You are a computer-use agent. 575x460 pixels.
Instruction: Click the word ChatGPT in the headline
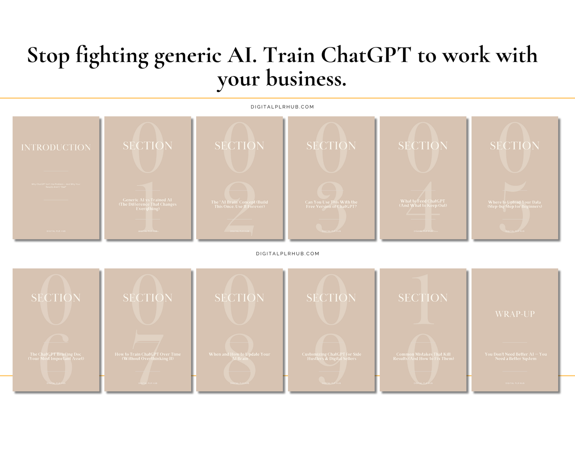366,55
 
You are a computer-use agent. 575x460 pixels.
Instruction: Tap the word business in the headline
305,78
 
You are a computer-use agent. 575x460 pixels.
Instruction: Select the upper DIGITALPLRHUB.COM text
282,107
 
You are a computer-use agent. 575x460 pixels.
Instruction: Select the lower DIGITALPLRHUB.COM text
287,253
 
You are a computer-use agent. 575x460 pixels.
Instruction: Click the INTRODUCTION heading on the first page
56,147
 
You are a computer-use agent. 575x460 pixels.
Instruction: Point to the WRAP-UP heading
515,314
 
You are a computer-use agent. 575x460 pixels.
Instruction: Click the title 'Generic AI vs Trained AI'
148,204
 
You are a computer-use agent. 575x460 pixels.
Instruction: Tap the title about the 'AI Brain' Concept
240,204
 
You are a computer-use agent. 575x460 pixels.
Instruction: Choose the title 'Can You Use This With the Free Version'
331,204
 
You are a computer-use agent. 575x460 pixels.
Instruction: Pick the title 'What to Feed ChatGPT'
423,203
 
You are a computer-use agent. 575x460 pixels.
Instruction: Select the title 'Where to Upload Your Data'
515,204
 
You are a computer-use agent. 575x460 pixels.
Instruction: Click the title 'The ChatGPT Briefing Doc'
56,356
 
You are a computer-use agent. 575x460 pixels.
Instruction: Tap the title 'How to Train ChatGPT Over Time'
148,356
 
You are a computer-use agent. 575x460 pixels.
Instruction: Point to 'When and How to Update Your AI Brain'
240,356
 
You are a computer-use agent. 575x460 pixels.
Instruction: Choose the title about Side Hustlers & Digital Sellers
331,356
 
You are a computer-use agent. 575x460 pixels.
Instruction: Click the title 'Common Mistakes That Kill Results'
423,356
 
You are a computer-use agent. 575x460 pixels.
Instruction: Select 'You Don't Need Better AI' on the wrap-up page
515,356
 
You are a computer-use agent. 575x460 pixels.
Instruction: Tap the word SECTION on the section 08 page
240,298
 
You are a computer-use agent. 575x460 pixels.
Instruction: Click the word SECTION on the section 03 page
331,146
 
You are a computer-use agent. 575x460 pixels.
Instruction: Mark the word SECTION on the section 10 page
423,298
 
